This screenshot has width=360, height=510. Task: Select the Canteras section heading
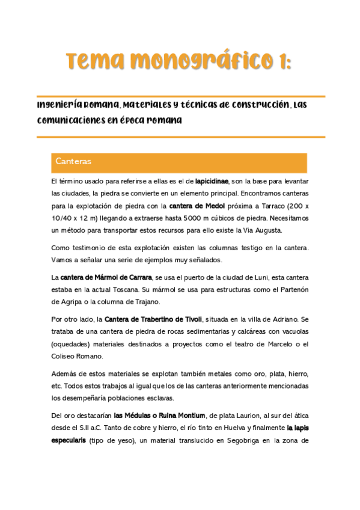[73, 162]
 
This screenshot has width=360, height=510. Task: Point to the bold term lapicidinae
[212, 180]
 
